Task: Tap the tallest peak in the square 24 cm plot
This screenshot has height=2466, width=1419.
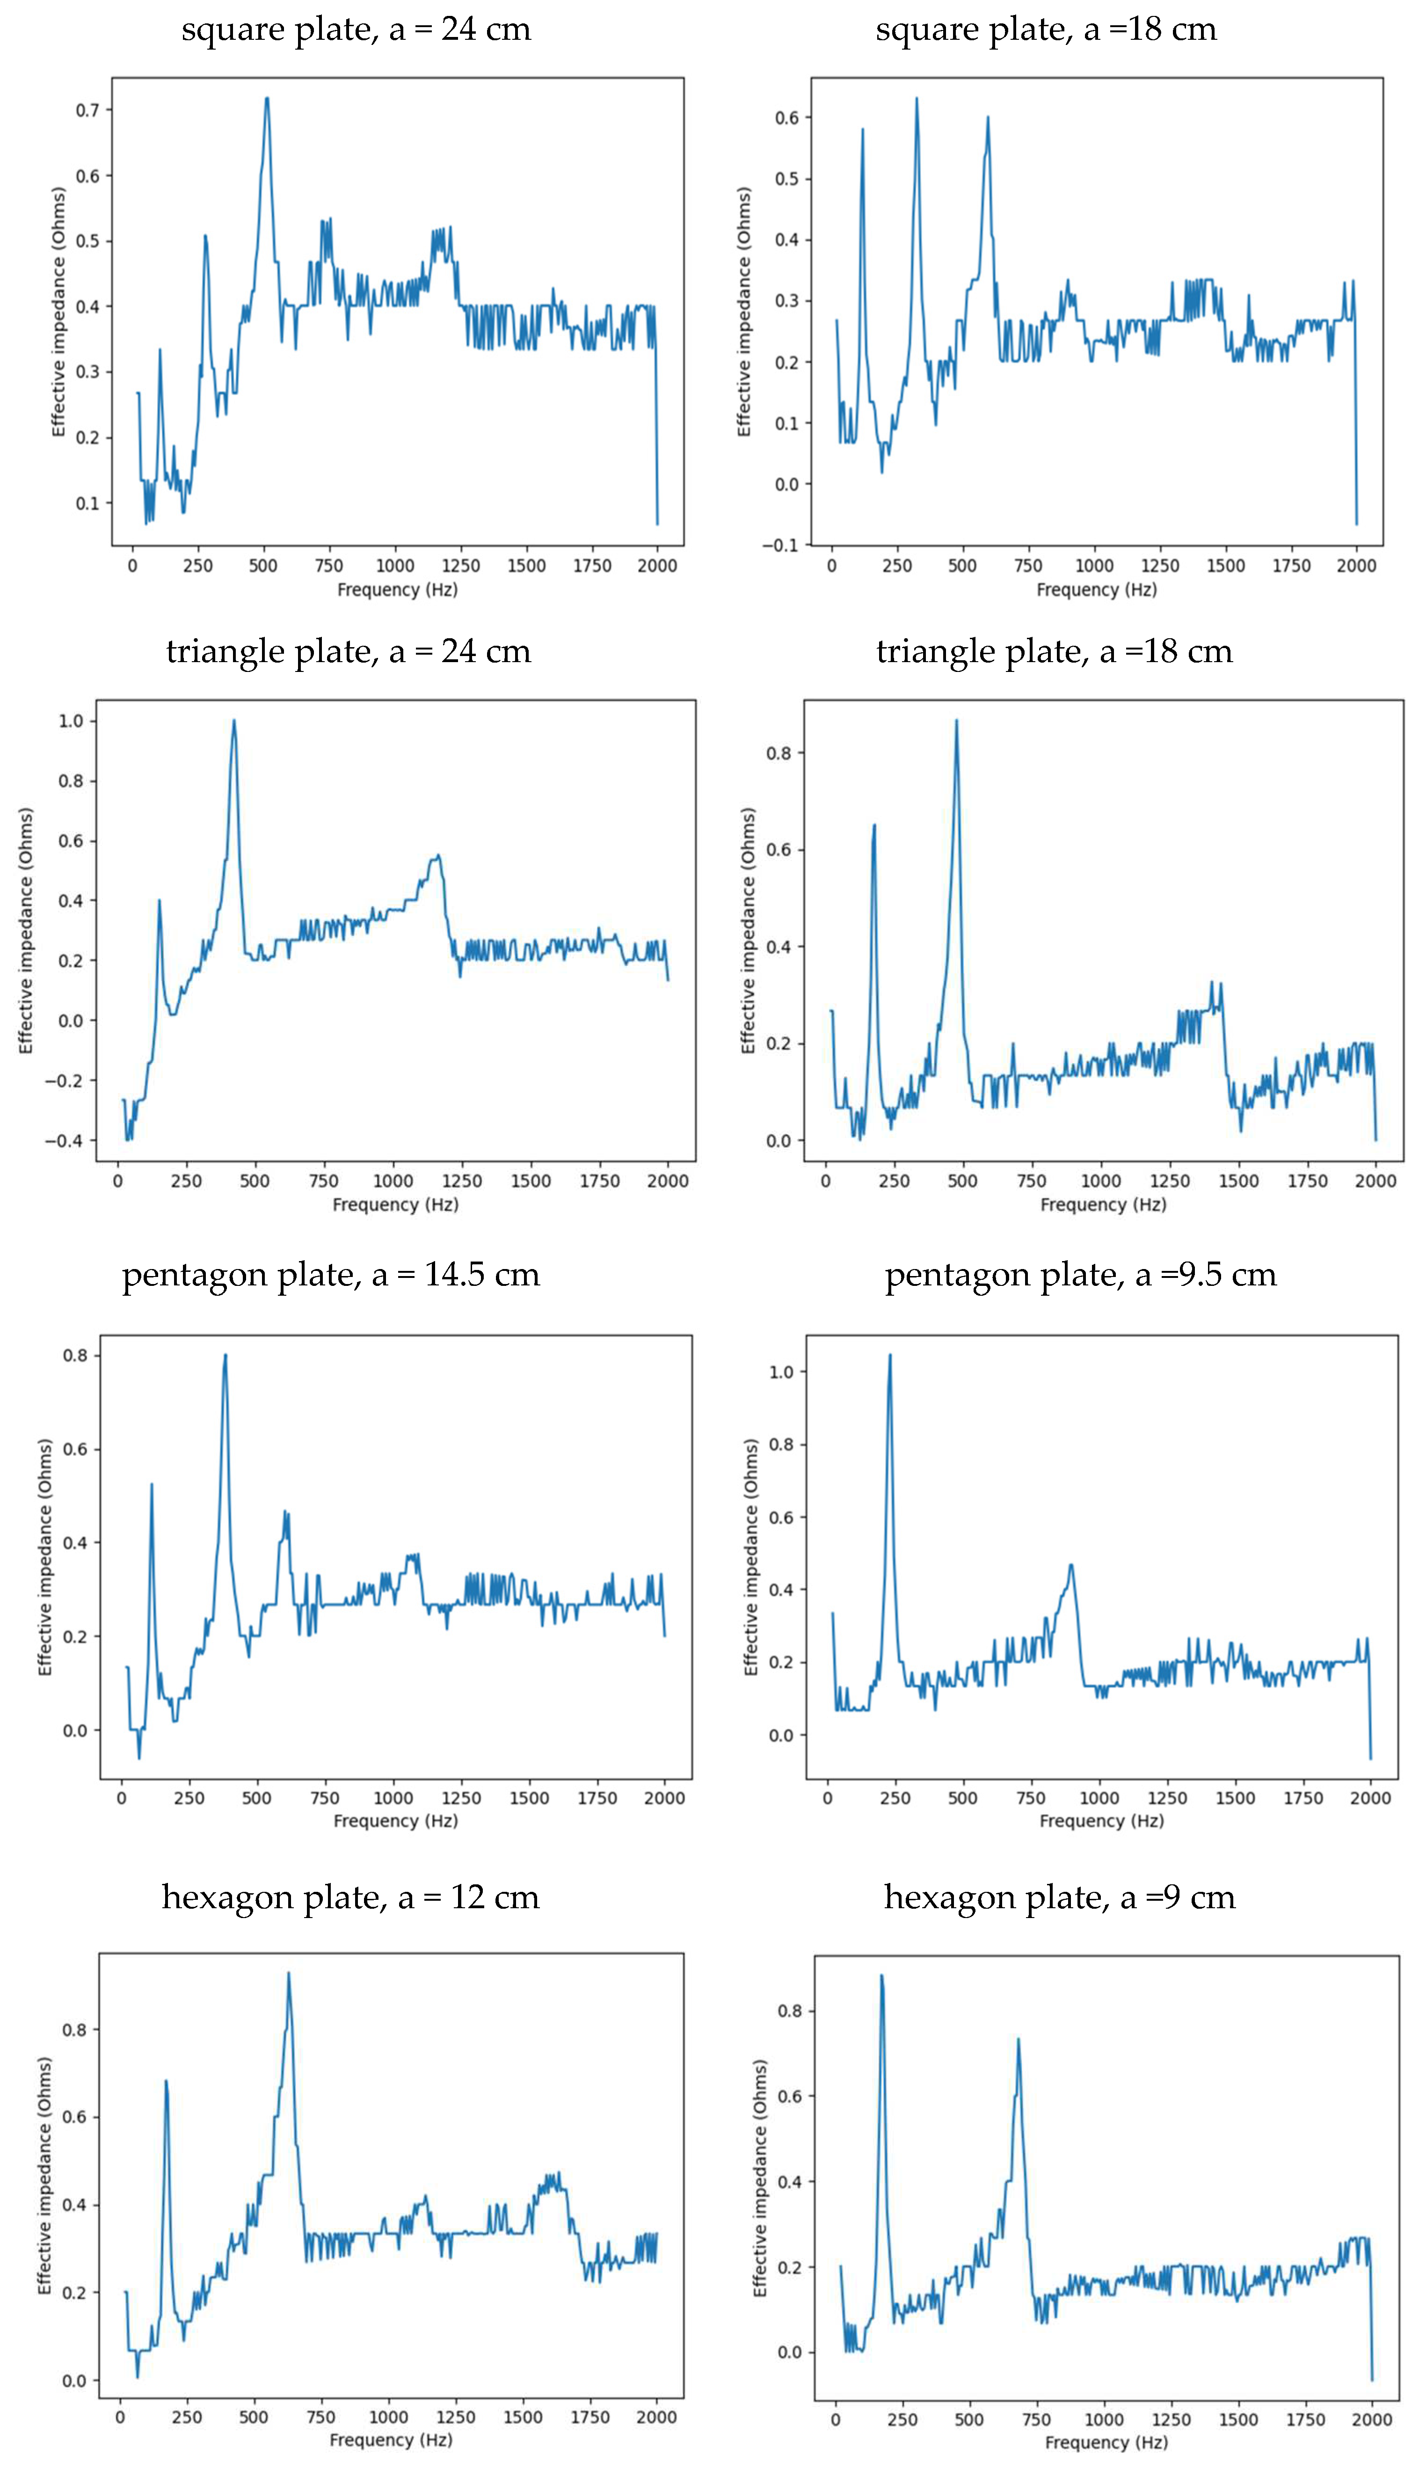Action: tap(267, 98)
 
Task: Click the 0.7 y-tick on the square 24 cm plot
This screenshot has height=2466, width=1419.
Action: tap(87, 110)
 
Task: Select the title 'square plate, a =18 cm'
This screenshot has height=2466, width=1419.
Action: tap(1046, 29)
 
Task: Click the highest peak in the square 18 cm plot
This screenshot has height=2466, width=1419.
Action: tap(916, 98)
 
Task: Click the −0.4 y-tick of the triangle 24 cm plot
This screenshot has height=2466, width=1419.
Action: tap(64, 1140)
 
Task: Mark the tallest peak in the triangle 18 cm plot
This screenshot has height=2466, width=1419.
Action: tap(956, 721)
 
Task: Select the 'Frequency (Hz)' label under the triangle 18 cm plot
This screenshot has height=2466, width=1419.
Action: tap(1103, 1205)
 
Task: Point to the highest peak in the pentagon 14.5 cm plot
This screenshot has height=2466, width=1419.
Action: tap(225, 1355)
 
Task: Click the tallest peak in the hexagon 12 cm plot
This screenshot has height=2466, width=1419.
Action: tap(289, 1974)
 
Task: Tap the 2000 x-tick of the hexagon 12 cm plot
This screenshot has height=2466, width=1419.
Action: tap(656, 2417)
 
